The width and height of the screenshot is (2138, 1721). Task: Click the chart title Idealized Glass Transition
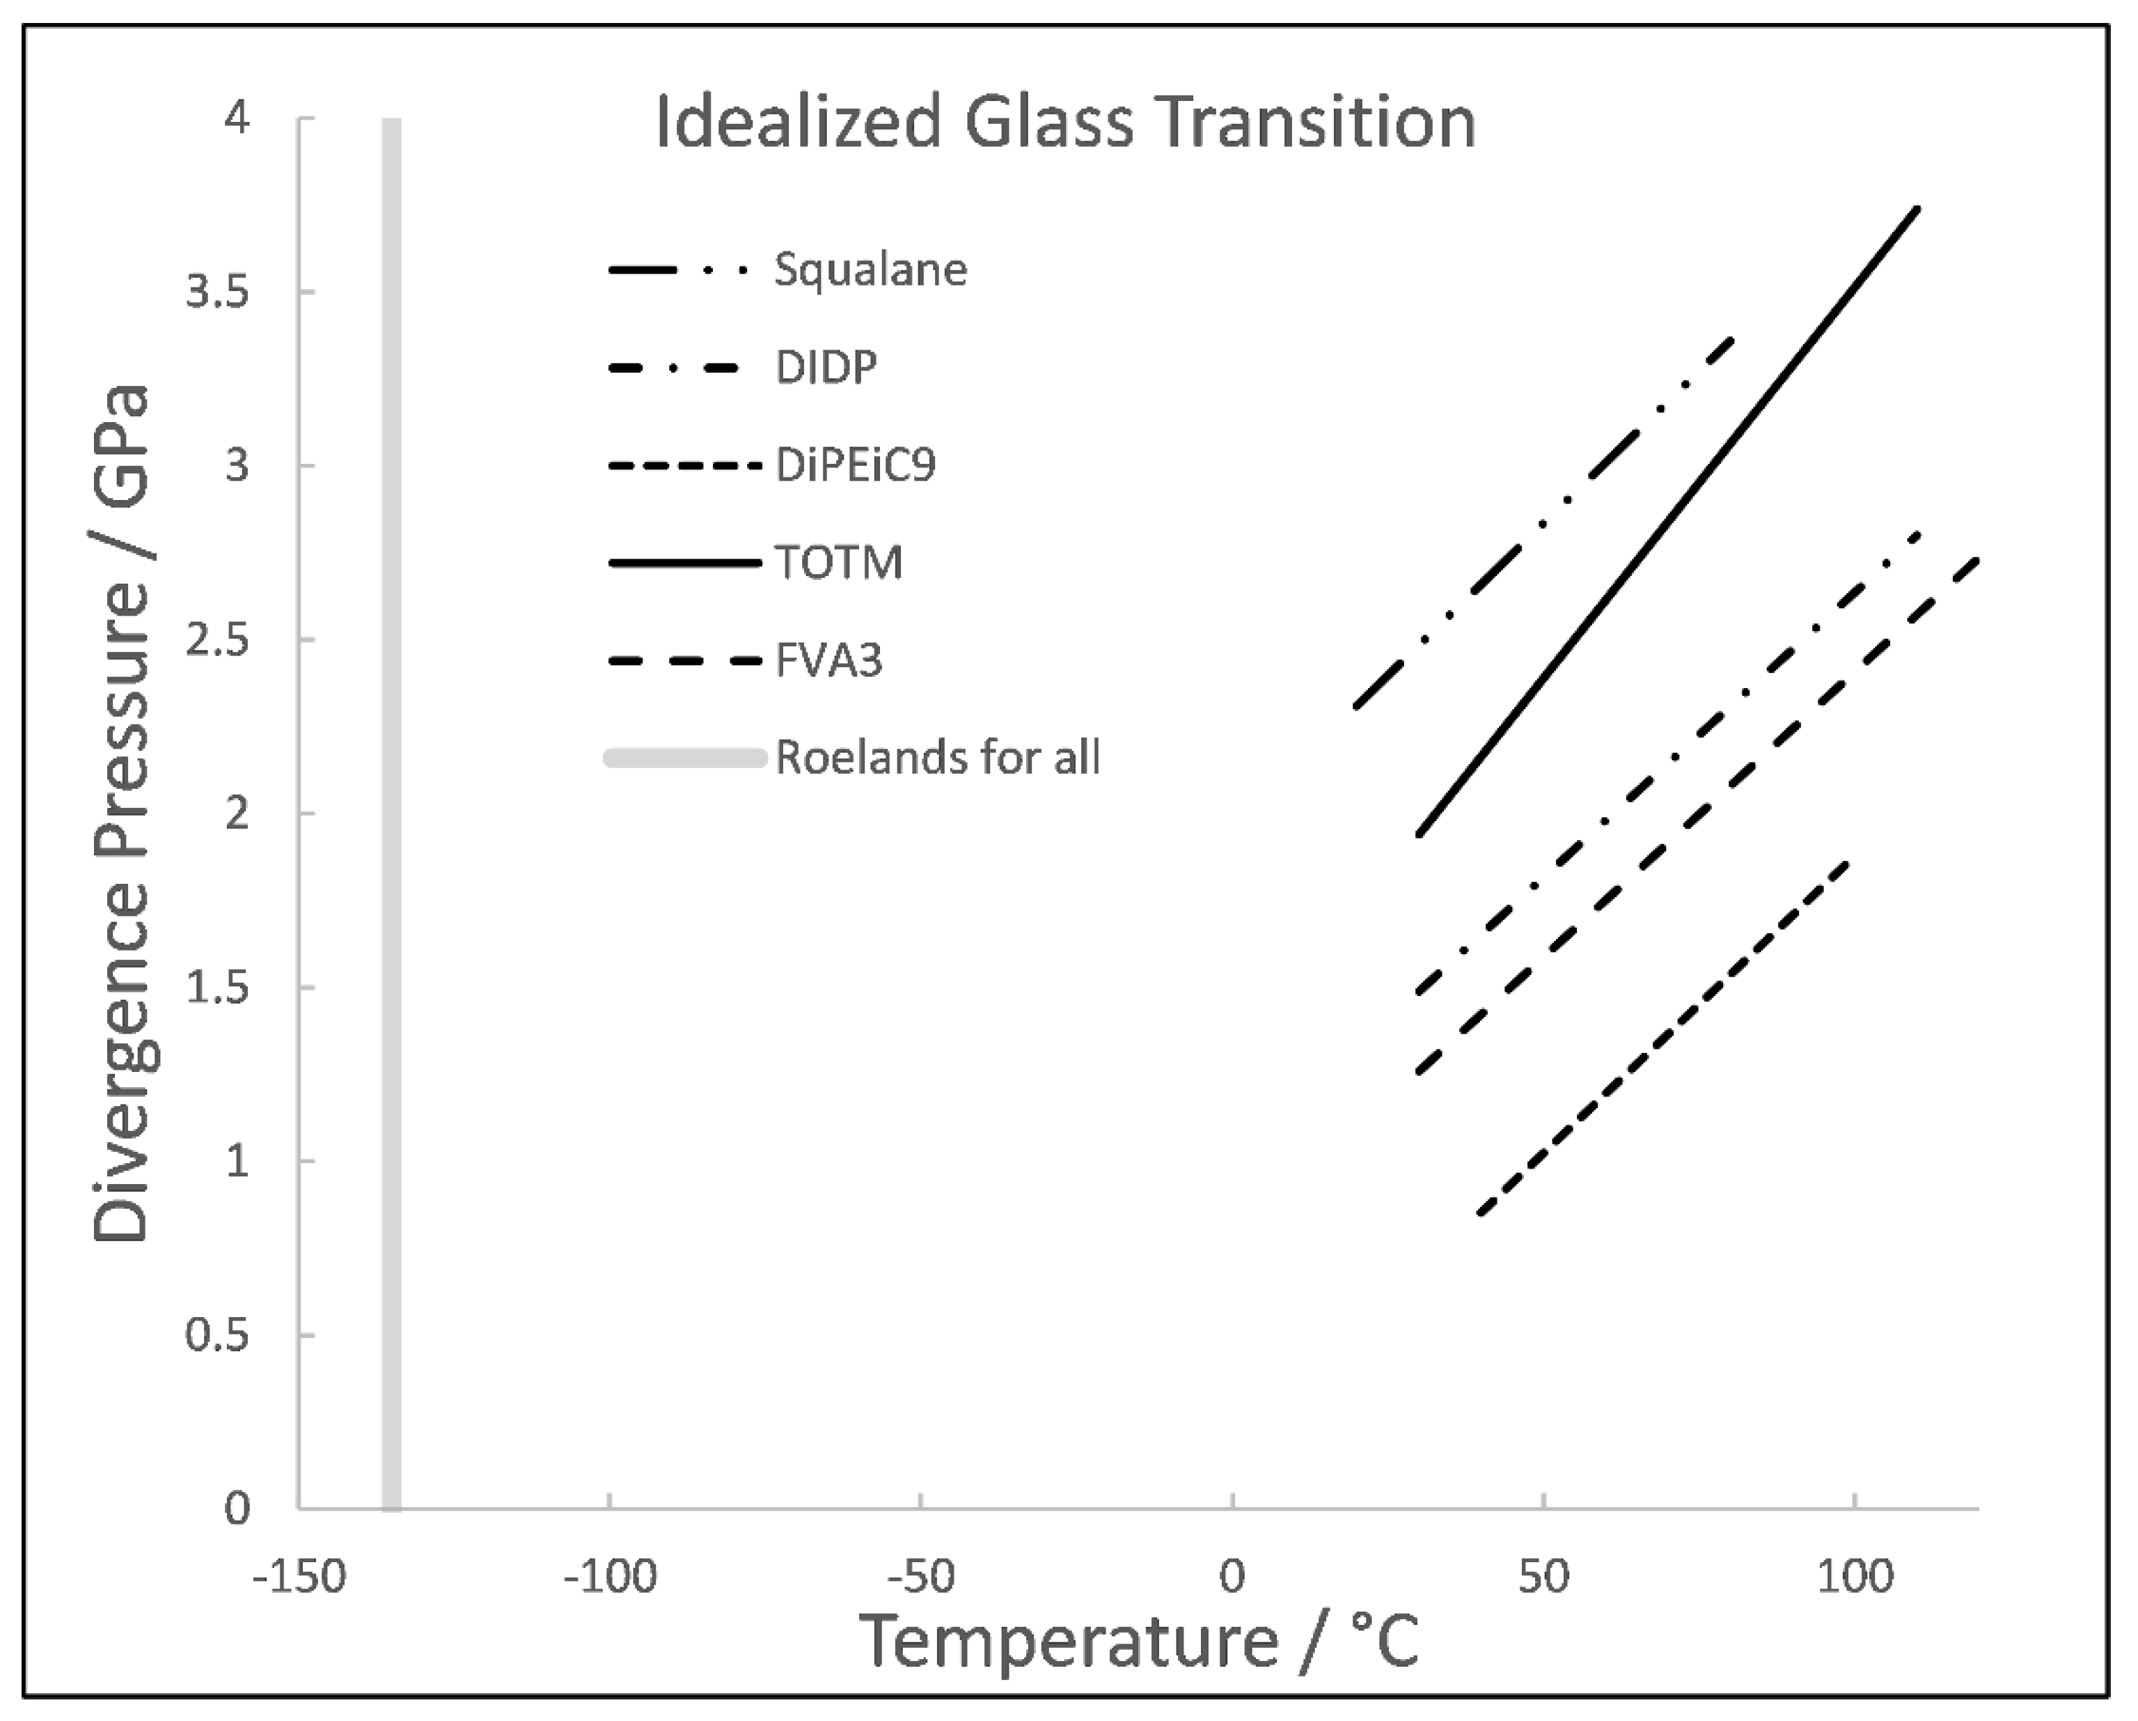(1066, 123)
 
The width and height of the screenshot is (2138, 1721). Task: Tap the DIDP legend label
(826, 368)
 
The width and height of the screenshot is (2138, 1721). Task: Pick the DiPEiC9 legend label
(856, 465)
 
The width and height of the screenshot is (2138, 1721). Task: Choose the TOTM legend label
(839, 563)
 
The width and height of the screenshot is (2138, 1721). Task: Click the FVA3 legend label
(829, 661)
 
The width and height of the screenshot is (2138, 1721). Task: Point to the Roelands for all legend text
(937, 758)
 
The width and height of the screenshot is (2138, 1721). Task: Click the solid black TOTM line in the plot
(1666, 523)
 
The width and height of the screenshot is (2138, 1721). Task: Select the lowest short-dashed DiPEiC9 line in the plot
(1664, 1038)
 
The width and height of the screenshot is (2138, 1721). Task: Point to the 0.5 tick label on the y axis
(217, 1335)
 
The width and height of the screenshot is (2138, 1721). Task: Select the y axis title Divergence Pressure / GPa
(121, 813)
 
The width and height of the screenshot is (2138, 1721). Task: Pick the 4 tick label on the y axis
(237, 119)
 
